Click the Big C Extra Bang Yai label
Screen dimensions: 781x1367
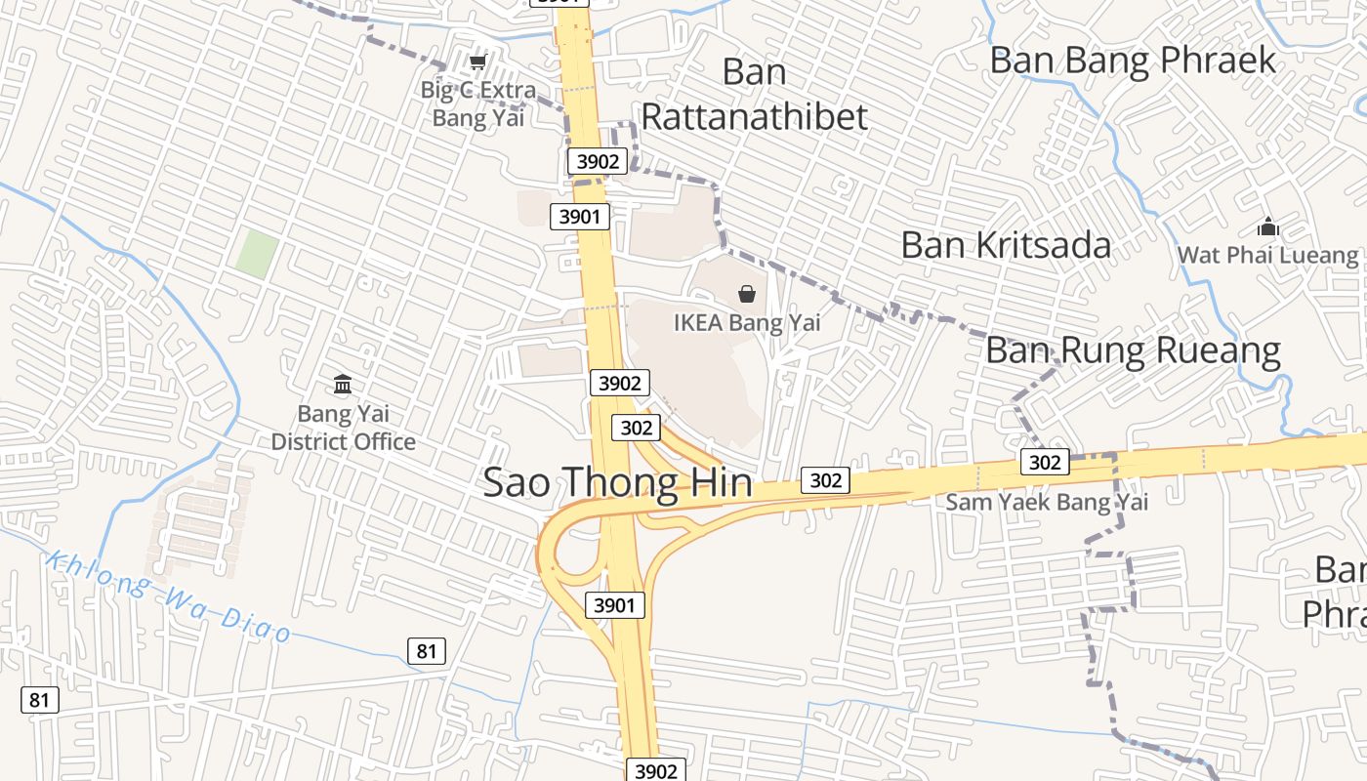(477, 104)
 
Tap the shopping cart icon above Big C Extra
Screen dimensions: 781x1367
(477, 63)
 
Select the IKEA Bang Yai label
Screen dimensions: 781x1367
(747, 322)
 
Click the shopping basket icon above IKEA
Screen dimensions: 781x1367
(747, 293)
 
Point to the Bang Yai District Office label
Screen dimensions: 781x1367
(343, 428)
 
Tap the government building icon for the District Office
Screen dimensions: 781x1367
(343, 385)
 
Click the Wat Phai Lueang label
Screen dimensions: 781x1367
(1267, 256)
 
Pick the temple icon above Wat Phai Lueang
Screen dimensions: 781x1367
(1268, 228)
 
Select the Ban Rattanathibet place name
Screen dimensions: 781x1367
(754, 94)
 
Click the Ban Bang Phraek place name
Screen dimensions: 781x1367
(1133, 60)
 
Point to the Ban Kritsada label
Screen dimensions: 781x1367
(1006, 244)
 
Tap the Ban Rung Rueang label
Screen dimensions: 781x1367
(1133, 349)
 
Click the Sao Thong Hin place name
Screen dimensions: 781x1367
(618, 483)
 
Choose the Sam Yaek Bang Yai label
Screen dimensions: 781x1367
(1047, 502)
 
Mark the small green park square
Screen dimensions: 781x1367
(256, 253)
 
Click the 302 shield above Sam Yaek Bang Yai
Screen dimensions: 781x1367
(1045, 462)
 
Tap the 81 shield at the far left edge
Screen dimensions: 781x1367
(39, 699)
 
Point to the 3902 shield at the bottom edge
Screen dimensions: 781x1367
(655, 770)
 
